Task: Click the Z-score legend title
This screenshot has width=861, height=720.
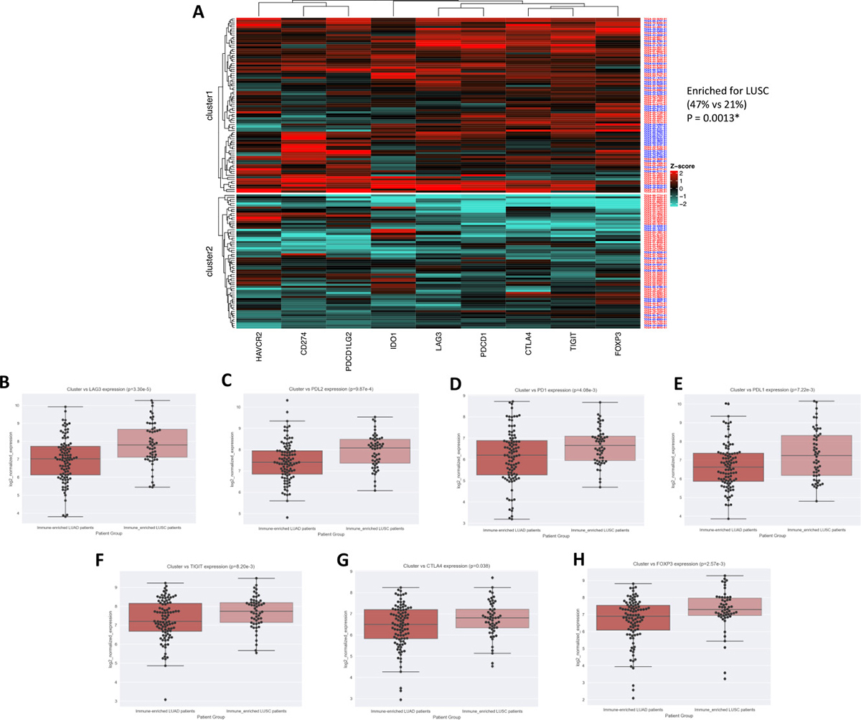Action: point(682,166)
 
